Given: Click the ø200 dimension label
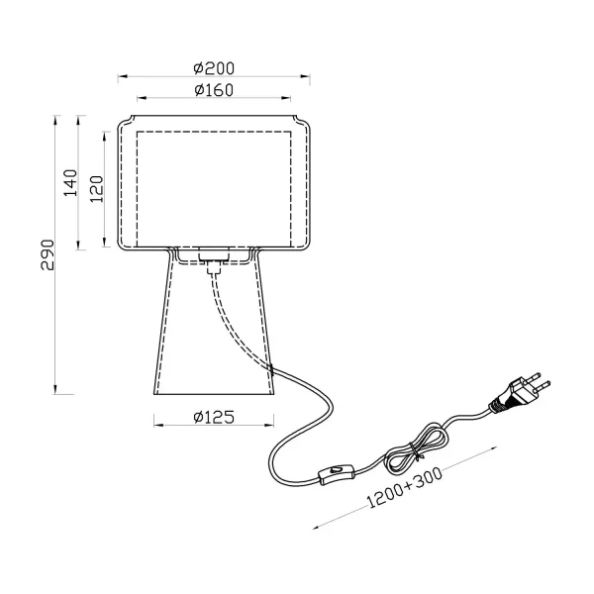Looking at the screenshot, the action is [x=214, y=68].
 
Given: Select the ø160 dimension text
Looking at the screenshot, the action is [x=214, y=90].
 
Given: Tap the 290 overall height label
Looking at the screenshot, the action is [x=48, y=255].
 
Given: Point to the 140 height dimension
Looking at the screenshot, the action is [x=70, y=183].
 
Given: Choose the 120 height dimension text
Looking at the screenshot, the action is [x=97, y=189].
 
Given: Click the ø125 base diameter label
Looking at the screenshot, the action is [x=214, y=417].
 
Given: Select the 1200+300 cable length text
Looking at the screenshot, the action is [x=405, y=487].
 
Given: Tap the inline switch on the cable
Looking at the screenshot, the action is [x=337, y=474].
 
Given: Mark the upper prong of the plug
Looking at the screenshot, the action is [x=535, y=377].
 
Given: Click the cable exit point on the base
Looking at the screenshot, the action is [x=271, y=368].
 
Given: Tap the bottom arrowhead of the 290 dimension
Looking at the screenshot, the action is [x=55, y=389].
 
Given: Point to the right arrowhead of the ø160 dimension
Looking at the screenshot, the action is [x=286, y=98].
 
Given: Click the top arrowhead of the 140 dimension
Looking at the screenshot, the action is [x=78, y=121].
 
